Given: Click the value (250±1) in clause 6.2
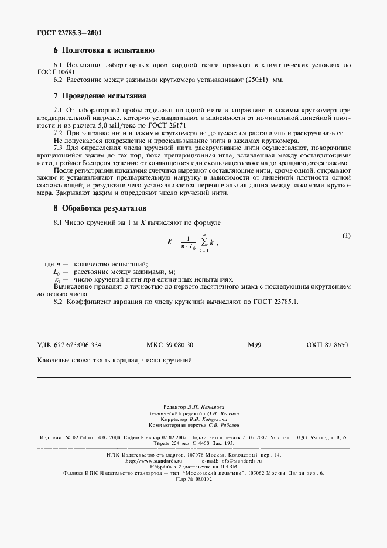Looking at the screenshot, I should point(257,80).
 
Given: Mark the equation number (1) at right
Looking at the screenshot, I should point(346,235).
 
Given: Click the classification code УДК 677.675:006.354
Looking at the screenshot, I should point(73,345).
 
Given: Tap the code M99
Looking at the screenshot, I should point(254,345).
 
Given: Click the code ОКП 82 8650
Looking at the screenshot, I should point(327,345).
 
